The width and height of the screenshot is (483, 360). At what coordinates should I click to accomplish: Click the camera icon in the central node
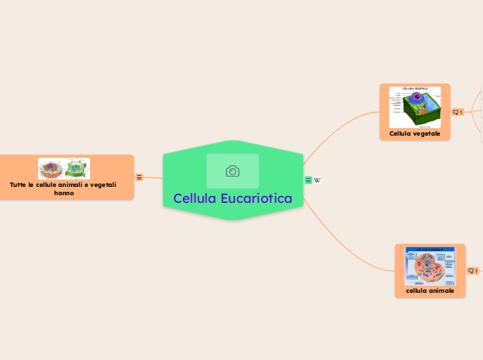pos(233,171)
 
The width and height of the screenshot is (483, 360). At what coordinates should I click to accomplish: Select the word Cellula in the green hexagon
pos(194,199)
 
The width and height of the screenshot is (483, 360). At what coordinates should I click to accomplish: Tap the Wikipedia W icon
pos(317,181)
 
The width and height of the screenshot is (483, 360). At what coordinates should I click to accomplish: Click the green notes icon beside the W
pos(308,181)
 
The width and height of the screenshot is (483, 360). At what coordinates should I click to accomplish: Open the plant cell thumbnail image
pos(414,107)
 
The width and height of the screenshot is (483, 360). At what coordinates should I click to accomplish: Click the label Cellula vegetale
pos(414,133)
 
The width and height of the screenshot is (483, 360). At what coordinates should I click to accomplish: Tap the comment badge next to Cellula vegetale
pos(457,112)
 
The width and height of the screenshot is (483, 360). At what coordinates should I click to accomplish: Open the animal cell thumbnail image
pos(430,266)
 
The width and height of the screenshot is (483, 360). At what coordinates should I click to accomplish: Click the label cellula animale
pos(430,291)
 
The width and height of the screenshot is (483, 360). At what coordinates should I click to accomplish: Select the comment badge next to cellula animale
pos(473,271)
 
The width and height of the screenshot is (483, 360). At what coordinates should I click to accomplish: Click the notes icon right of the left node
pos(139,177)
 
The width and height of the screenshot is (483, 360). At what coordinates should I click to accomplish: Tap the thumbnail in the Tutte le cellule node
pos(64,169)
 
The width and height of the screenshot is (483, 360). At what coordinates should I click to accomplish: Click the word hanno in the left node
pos(64,193)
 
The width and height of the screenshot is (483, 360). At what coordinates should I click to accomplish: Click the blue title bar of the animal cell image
pos(430,249)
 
